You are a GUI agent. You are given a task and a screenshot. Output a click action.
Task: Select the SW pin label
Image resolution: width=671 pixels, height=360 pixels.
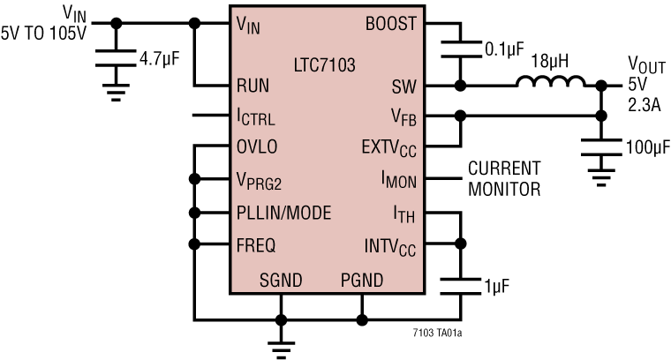pos(403,86)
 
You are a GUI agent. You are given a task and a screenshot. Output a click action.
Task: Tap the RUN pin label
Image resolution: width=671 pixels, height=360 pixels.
pos(253,86)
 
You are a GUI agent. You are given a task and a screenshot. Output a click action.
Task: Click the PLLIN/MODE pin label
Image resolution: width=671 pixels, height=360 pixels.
pos(284,212)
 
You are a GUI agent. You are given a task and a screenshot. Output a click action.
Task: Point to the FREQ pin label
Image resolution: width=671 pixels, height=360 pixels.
pos(256,244)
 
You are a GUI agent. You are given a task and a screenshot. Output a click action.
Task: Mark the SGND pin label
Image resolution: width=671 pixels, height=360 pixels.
pos(281,281)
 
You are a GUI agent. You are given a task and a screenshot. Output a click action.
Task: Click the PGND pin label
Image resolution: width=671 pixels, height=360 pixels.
pos(362,281)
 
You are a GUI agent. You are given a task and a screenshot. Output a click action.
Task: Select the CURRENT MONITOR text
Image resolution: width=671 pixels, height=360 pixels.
pos(504,178)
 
